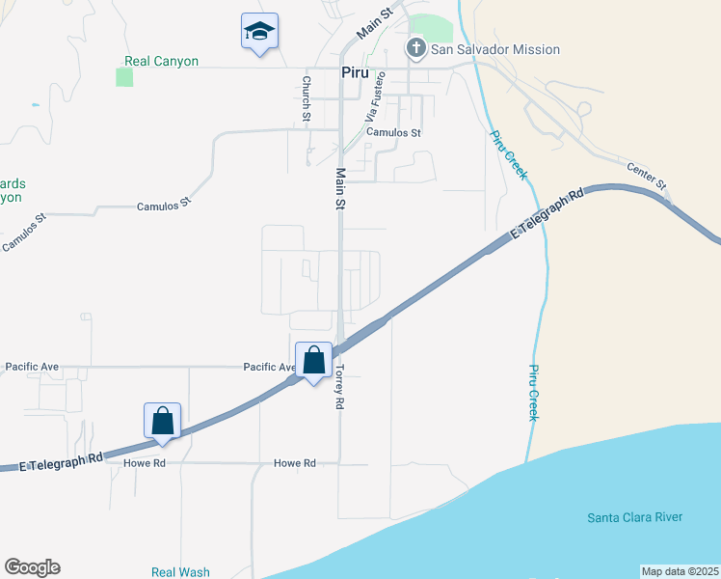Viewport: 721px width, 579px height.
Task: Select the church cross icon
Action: coord(416,48)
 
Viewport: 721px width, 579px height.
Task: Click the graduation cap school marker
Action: coord(259,32)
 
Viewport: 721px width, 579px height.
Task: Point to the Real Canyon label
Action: coord(161,61)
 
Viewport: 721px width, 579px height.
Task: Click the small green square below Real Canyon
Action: coord(124,77)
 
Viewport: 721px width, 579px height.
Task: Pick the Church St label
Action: coord(306,98)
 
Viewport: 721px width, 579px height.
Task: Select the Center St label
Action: coord(646,174)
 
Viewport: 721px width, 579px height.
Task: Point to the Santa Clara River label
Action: coord(634,517)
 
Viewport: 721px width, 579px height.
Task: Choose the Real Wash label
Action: coord(180,572)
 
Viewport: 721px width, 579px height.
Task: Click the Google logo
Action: coord(32,567)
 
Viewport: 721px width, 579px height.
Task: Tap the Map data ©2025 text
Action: coord(680,571)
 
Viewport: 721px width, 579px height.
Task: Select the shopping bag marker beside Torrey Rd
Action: coord(313,362)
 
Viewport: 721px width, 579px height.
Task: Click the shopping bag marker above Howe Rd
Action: coord(163,422)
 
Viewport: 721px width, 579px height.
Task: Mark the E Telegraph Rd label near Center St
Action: coord(547,214)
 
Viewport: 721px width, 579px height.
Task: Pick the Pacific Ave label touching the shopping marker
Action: coord(269,367)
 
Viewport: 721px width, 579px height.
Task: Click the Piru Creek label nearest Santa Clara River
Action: coord(533,392)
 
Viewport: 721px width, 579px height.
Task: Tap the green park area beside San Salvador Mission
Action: coord(431,28)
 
